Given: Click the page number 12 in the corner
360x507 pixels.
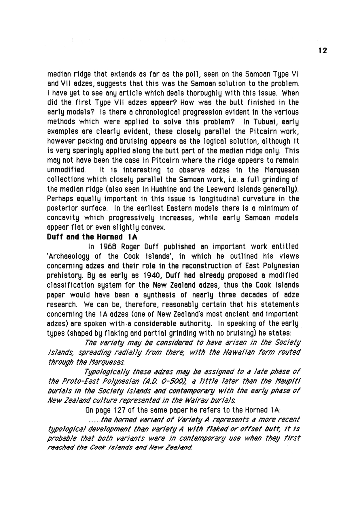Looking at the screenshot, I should click(323, 51).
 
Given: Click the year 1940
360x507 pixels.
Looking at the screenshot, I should click(153, 276).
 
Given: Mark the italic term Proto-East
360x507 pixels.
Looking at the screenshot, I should click(78, 381).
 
